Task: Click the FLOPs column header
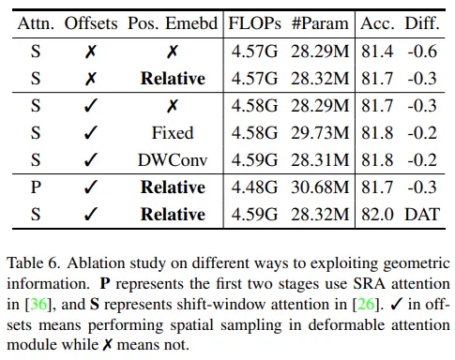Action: coord(254,23)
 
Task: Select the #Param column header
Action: coord(320,23)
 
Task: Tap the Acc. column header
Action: coord(377,23)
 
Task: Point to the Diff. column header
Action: coord(422,23)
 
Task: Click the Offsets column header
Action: coord(91,23)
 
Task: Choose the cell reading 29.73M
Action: coord(320,133)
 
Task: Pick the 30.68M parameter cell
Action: coord(320,187)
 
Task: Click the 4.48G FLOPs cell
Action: coord(254,187)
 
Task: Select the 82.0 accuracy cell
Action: coord(377,215)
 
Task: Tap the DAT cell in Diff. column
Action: coord(422,215)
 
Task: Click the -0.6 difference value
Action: coord(422,52)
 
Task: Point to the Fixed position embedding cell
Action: coord(173,133)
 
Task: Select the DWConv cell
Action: coord(173,160)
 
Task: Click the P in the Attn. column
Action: coord(36,187)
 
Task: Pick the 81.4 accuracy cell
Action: coord(377,52)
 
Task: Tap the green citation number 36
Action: coord(38,304)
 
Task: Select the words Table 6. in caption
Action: coord(33,263)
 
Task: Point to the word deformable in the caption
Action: coord(346,325)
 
